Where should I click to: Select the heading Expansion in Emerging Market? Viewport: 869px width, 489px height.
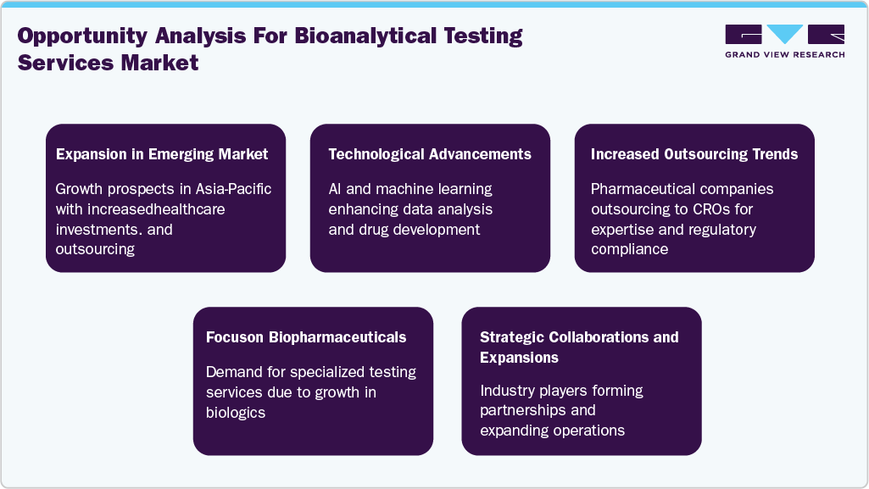click(x=162, y=154)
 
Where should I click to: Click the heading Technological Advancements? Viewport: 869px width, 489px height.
click(x=430, y=154)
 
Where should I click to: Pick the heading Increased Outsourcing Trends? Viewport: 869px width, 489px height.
click(x=694, y=154)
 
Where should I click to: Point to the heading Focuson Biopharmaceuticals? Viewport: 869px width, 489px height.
click(x=306, y=337)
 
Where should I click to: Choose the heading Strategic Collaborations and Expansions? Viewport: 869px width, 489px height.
click(x=579, y=347)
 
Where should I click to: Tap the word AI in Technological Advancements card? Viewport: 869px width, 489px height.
click(x=337, y=188)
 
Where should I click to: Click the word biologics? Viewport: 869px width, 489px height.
click(x=236, y=413)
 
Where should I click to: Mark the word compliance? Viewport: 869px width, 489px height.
click(x=629, y=249)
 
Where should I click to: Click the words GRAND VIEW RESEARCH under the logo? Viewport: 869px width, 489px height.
click(x=784, y=55)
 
